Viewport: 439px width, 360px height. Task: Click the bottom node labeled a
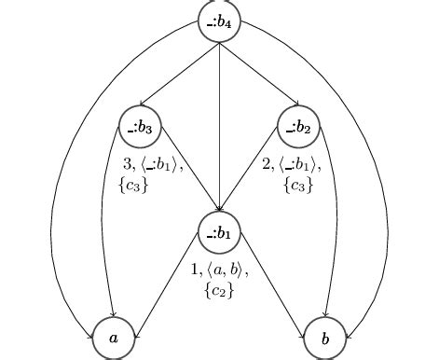(114, 339)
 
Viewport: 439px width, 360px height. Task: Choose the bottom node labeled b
(325, 339)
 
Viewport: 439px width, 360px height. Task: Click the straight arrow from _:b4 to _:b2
(259, 75)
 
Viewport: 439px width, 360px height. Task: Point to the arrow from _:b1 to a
(168, 284)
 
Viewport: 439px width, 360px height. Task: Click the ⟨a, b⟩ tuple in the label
(226, 271)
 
